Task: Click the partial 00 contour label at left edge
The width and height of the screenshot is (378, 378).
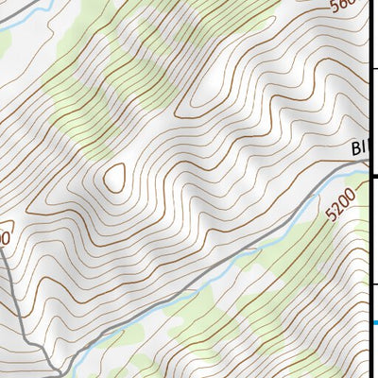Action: coord(5,238)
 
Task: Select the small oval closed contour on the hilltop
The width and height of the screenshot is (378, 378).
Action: coord(115,177)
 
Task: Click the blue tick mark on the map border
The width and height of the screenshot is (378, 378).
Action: coord(374,323)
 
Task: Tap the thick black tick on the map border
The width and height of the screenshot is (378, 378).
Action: coord(373,176)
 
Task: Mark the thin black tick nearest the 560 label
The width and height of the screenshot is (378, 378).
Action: coord(373,68)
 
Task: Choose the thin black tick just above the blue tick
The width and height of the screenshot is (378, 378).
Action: coord(373,283)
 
